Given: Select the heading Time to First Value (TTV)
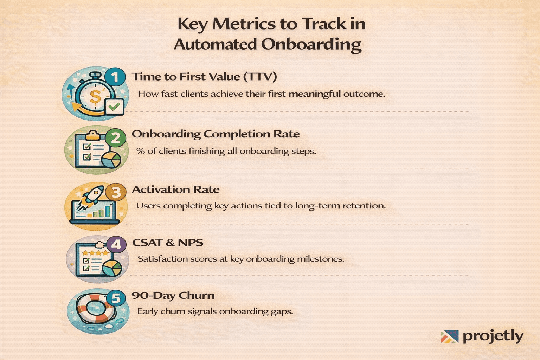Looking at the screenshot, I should tap(204, 77).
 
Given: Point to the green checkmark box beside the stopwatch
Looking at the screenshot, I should tap(114, 107).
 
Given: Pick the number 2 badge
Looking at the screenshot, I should tap(116, 137).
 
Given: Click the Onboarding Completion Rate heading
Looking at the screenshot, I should tap(216, 134).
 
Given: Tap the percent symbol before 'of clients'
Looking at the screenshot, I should tap(141, 151).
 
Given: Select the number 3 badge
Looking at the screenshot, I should tap(116, 192).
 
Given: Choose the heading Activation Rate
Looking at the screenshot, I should tap(175, 189).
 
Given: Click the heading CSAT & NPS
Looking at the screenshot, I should tap(167, 243).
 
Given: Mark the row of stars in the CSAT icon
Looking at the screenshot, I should tap(95, 253).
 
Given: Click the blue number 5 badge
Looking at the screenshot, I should tap(116, 298).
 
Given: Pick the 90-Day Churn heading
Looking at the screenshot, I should tap(173, 295).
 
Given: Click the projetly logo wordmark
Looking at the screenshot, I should tap(493, 336).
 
